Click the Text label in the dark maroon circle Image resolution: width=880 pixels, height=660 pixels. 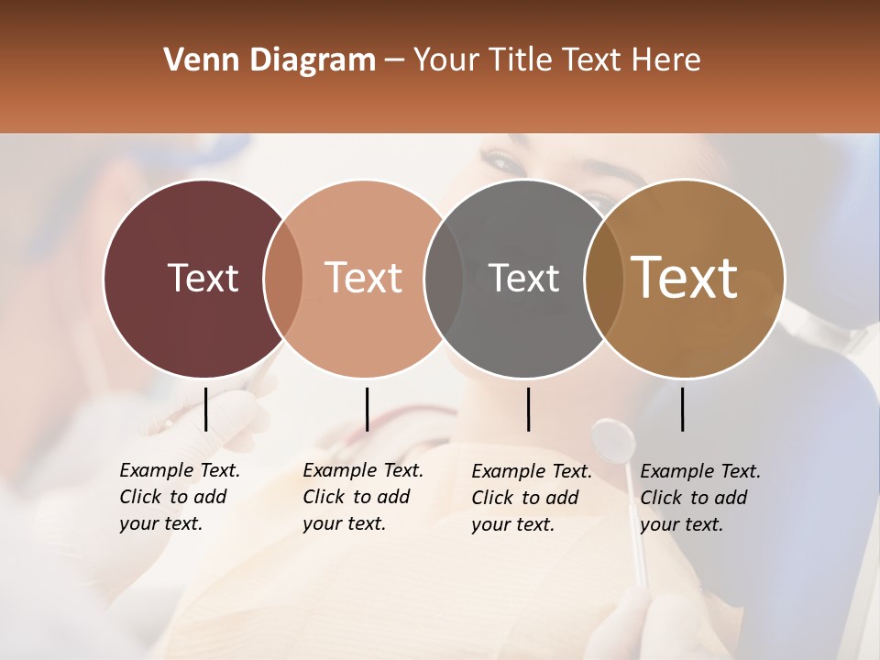203,278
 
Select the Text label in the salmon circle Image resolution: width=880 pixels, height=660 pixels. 364,278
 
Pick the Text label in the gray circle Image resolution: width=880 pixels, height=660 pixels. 523,278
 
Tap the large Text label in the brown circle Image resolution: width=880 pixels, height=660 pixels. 684,278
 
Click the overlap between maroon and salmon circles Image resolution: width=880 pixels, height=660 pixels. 283,278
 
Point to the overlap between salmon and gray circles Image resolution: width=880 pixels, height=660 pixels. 444,278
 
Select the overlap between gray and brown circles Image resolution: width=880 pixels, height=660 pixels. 604,278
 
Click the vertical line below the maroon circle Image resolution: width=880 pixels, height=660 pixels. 205,409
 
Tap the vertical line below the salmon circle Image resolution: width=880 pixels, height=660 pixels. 367,409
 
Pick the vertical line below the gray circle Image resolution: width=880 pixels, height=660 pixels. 528,409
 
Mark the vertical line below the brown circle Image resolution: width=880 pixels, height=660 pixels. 682,409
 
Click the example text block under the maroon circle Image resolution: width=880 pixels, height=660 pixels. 180,497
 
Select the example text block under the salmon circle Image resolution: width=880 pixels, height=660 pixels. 363,497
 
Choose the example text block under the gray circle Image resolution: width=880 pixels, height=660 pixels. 532,498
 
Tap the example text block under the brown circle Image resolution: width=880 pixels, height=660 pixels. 700,498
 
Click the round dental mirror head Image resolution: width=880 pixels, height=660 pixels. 613,441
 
